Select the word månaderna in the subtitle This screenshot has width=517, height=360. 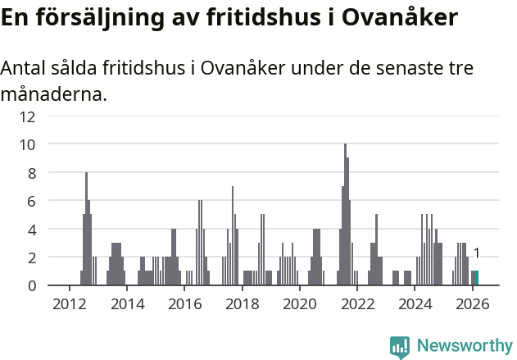54,94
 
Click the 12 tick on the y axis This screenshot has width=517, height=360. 27,116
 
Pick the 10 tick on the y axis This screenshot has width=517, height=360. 27,144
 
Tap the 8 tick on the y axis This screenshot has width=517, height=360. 30,173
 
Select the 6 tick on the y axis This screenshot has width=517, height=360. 30,201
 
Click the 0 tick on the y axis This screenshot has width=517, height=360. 30,285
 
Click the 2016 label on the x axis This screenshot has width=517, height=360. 184,303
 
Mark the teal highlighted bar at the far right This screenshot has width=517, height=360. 477,278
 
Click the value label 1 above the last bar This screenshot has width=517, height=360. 477,254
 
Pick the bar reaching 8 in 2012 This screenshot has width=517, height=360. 86,230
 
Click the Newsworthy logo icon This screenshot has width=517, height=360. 400,346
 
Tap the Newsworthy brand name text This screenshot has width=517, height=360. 465,346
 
